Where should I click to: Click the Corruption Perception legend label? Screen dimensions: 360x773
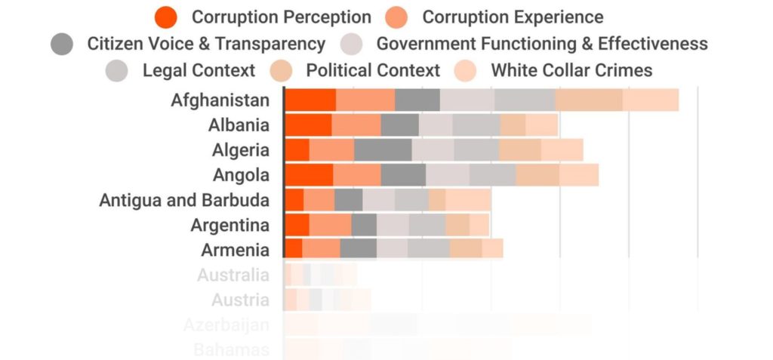click(x=281, y=17)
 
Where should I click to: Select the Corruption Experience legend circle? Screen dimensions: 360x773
click(x=396, y=17)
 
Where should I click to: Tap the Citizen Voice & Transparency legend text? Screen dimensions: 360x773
click(x=206, y=44)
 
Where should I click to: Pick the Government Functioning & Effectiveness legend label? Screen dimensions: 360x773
click(x=541, y=44)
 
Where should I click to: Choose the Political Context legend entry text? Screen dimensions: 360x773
click(x=372, y=71)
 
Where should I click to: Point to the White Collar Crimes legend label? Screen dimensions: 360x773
click(x=571, y=71)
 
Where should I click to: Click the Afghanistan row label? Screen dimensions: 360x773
click(x=220, y=100)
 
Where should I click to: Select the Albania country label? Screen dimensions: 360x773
click(x=239, y=125)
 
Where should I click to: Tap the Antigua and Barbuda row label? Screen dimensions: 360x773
click(x=184, y=200)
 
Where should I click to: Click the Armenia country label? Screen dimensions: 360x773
click(x=236, y=250)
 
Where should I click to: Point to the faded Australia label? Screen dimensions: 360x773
click(x=233, y=275)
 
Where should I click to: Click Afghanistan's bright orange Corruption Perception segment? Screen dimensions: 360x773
click(x=310, y=100)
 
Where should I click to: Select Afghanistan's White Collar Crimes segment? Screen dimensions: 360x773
click(x=650, y=100)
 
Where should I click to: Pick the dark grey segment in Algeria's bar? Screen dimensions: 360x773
click(x=383, y=149)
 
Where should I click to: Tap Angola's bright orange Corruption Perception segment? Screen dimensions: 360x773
click(x=309, y=174)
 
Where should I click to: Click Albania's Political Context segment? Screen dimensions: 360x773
click(x=513, y=125)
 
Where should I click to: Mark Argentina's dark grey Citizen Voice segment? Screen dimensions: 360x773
click(x=364, y=225)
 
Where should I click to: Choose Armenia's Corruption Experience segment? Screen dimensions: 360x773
click(x=321, y=250)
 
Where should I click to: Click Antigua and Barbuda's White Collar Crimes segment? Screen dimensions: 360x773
click(x=468, y=200)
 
